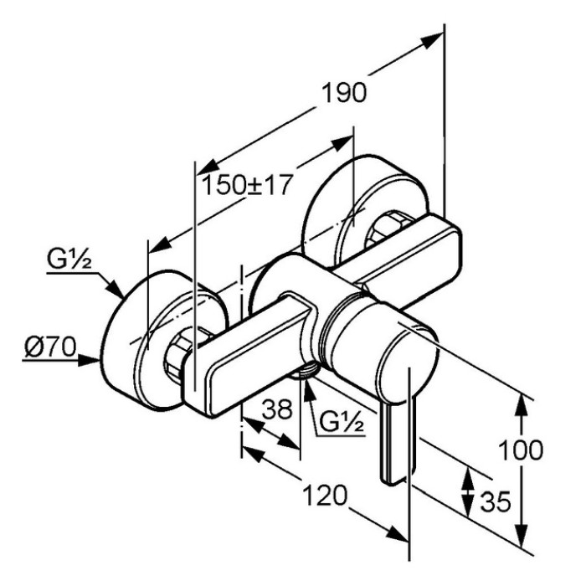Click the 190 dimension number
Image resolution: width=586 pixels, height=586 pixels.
coord(344,93)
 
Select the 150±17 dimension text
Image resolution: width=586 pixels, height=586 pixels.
coord(246,184)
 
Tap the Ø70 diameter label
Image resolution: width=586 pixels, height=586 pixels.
coord(50,347)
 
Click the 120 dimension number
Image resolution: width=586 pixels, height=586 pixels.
coord(325,496)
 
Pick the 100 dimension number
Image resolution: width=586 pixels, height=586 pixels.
coord(521,450)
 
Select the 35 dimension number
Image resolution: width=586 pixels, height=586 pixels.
coord(496,501)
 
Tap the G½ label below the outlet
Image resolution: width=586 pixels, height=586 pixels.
coord(342,422)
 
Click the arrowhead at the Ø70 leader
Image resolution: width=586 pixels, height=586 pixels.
coord(89,360)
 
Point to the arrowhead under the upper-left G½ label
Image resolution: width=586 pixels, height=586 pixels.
coord(114,288)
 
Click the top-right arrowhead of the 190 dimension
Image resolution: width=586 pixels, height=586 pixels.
coord(433,40)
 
